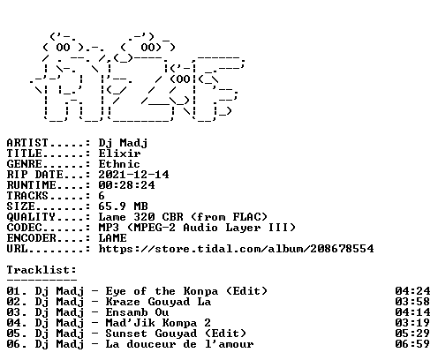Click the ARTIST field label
click(x=27, y=143)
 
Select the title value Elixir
click(x=119, y=154)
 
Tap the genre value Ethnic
click(x=119, y=164)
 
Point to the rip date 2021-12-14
click(x=133, y=175)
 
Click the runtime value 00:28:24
click(x=126, y=185)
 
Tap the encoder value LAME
click(x=112, y=238)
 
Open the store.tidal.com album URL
click(x=236, y=249)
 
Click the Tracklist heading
click(x=42, y=270)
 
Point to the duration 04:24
click(x=412, y=291)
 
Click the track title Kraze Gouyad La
click(x=158, y=302)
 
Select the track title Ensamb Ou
click(x=137, y=312)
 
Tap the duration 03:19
click(x=412, y=323)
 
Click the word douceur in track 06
click(x=151, y=344)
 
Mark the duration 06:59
click(x=412, y=344)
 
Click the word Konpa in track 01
click(x=200, y=292)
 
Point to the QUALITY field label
click(x=31, y=217)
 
